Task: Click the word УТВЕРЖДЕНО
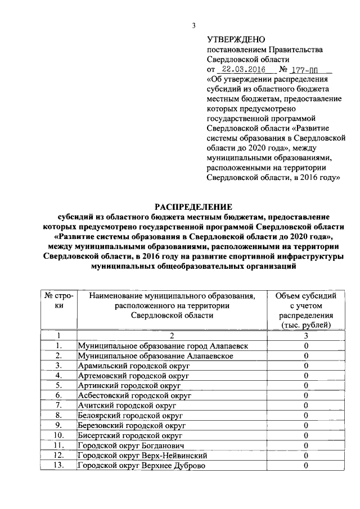click(236, 39)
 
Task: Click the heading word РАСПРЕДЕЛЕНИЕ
click(193, 206)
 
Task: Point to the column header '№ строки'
click(58, 300)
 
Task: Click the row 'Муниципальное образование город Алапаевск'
click(163, 345)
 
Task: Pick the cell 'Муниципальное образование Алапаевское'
click(155, 355)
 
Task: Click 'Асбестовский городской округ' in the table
click(136, 396)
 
